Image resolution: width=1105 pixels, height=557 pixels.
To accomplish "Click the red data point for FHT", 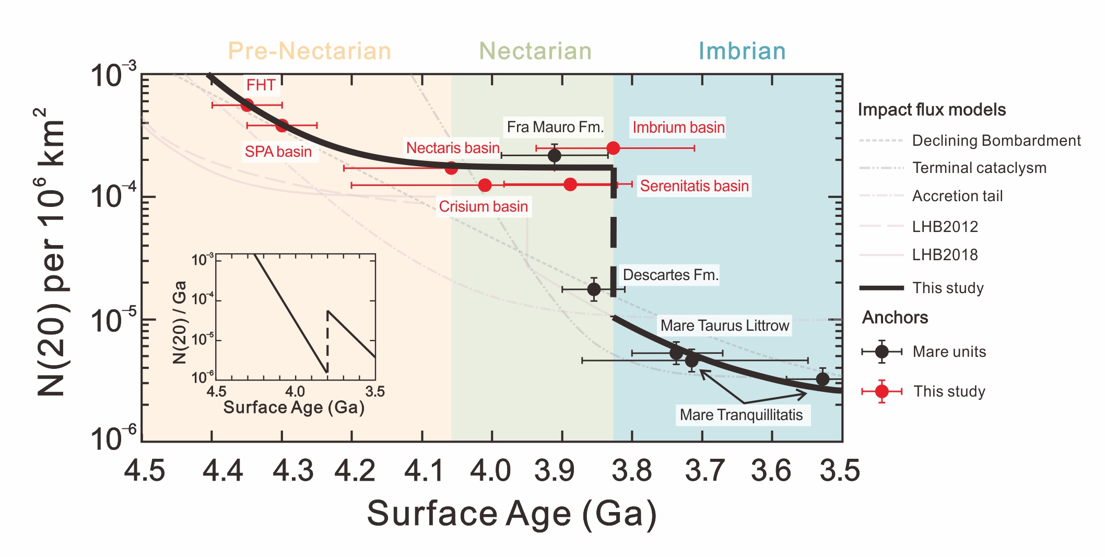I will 247,105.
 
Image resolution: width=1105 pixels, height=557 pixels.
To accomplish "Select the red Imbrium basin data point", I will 613,148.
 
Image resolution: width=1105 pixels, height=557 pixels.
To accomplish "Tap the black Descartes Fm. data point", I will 594,289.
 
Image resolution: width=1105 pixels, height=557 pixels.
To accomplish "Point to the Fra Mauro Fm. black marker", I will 555,155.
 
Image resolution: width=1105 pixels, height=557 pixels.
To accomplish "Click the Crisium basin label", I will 483,206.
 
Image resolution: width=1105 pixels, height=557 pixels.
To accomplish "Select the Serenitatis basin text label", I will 694,186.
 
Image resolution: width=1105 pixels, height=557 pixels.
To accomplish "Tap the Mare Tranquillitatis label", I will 741,415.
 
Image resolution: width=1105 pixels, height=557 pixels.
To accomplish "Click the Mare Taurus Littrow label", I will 724,326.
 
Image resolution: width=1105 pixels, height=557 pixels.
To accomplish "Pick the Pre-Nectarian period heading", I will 309,51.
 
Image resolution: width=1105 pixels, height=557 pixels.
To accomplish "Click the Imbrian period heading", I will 742,51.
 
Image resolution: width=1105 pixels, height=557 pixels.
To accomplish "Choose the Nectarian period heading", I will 535,51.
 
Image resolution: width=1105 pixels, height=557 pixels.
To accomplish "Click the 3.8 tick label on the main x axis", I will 632,470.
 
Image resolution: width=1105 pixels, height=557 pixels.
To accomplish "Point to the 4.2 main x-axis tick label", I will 355,470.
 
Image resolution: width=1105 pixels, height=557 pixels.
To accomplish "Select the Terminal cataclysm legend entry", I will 979,168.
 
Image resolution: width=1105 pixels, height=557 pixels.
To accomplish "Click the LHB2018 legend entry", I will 945,255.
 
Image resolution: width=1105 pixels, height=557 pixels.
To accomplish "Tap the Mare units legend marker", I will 881,352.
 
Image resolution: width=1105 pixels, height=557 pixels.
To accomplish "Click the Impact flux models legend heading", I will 932,110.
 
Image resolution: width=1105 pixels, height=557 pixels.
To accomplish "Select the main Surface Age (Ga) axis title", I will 512,514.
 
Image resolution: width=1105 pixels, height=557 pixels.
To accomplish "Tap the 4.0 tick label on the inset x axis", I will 295,391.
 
